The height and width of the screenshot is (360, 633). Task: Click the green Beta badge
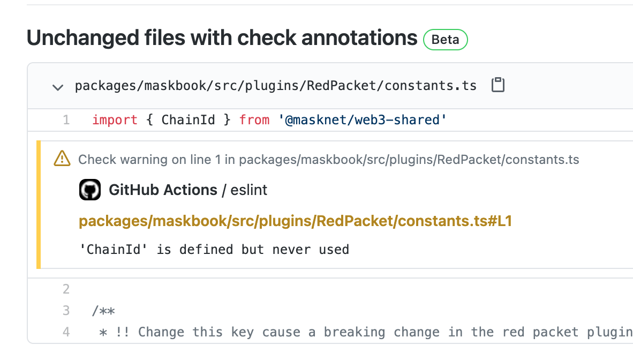pos(445,40)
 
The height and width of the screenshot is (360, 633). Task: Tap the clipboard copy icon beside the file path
pos(498,85)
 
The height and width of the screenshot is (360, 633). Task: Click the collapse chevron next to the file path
pos(58,87)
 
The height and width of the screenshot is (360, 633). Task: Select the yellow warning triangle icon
pos(62,159)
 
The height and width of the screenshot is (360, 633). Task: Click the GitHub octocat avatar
pos(89,190)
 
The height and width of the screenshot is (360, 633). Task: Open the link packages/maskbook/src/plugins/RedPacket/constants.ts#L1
pos(295,221)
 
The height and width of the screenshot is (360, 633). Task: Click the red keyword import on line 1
pos(115,120)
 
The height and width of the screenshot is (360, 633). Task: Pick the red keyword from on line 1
pos(254,120)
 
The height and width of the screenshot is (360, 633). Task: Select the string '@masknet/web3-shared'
pos(362,120)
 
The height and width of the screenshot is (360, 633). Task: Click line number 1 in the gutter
pos(66,120)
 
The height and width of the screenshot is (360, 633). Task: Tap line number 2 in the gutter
pos(66,289)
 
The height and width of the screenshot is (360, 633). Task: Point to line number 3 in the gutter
pos(66,310)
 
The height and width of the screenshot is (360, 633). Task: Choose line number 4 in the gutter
pos(66,332)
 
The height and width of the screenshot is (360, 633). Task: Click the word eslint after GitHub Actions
pos(248,190)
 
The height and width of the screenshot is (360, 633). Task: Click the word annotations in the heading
pos(359,38)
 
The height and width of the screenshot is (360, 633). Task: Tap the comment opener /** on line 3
pos(103,311)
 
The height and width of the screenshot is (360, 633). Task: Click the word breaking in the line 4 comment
pos(355,332)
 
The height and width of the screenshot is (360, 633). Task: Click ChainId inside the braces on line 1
pos(188,120)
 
